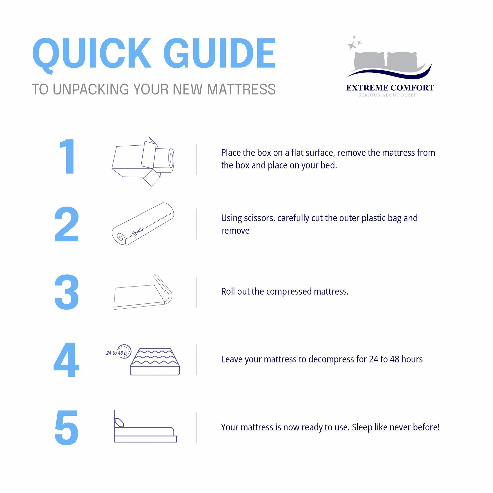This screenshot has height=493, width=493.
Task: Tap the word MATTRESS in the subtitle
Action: tap(241, 89)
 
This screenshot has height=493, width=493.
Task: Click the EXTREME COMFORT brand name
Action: tap(390, 88)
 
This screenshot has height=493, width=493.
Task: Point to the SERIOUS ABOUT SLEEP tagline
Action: tap(387, 95)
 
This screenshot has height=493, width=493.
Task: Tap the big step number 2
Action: tap(66, 224)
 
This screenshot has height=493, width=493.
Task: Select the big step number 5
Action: tap(67, 428)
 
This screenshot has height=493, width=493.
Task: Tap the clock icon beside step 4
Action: tap(124, 351)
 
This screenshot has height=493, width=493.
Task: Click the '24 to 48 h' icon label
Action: tap(116, 353)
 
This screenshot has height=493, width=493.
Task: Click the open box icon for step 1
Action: tap(143, 161)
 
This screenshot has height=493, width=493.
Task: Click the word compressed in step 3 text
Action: tap(289, 292)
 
